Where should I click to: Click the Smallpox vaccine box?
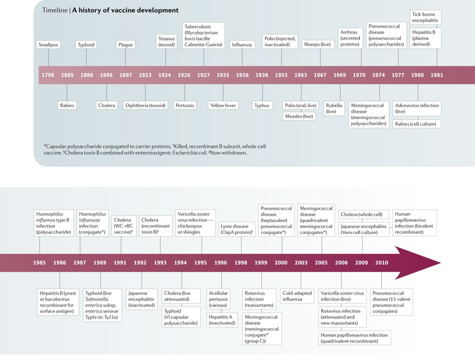click(48, 45)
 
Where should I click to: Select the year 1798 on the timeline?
click(48, 75)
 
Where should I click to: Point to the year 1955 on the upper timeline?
click(281, 75)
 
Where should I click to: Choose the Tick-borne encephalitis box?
click(425, 17)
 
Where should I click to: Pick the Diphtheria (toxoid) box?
click(145, 105)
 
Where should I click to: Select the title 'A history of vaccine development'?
click(125, 10)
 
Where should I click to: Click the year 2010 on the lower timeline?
click(381, 262)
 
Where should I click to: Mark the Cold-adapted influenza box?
click(301, 296)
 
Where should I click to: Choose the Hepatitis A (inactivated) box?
click(221, 319)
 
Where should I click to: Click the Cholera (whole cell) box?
click(363, 214)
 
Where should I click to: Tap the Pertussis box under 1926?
click(184, 105)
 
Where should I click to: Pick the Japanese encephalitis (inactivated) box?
click(142, 296)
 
